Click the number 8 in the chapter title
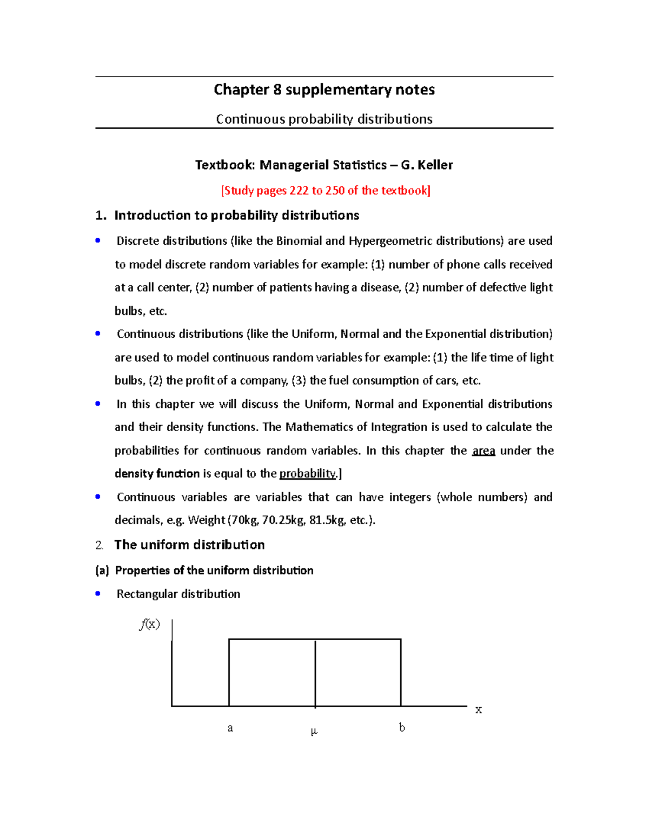point(277,90)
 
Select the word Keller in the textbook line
point(435,165)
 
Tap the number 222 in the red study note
point(299,190)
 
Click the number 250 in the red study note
point(335,190)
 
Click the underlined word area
point(484,451)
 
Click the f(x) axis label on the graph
point(150,625)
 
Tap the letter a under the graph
point(230,728)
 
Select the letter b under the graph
point(402,728)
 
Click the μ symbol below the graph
point(314,731)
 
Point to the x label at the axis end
point(479,710)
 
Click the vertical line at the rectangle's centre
point(315,673)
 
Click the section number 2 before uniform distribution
point(99,545)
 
